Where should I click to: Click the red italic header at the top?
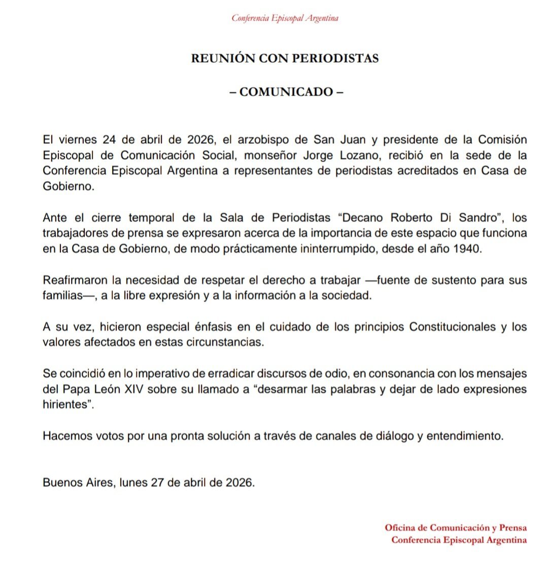[x=285, y=18]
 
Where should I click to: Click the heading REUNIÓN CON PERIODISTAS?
[x=285, y=58]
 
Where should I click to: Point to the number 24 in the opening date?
[x=109, y=139]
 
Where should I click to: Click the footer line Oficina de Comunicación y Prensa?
[x=456, y=527]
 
